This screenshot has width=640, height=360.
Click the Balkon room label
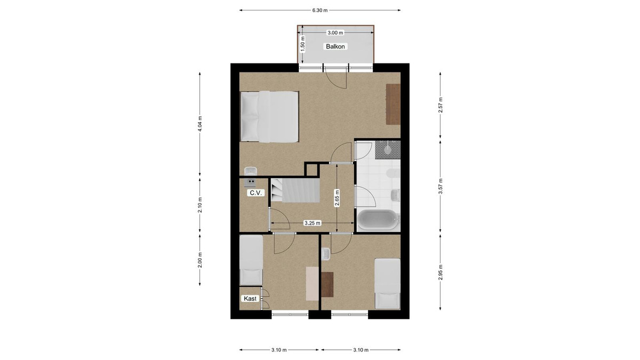(x=335, y=46)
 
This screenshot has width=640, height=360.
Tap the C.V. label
(x=255, y=193)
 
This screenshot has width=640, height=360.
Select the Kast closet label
(x=250, y=299)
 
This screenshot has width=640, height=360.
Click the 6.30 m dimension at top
(x=319, y=10)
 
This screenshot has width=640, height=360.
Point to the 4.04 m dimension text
(x=200, y=124)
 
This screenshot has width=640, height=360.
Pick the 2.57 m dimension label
(x=441, y=105)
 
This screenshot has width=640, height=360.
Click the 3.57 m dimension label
(x=441, y=186)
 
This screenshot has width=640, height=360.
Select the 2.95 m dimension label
(x=441, y=273)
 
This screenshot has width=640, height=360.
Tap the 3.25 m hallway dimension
(x=313, y=223)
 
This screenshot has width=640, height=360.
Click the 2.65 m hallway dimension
(x=337, y=198)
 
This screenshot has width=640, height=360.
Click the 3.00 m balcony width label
(x=335, y=33)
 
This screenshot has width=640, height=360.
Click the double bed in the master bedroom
(x=269, y=117)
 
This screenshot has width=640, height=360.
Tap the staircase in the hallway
(x=295, y=190)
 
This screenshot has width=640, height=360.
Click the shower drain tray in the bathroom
(x=387, y=150)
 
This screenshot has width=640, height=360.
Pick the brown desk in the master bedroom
(x=393, y=104)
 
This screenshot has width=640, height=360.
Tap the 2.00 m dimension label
(x=200, y=260)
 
